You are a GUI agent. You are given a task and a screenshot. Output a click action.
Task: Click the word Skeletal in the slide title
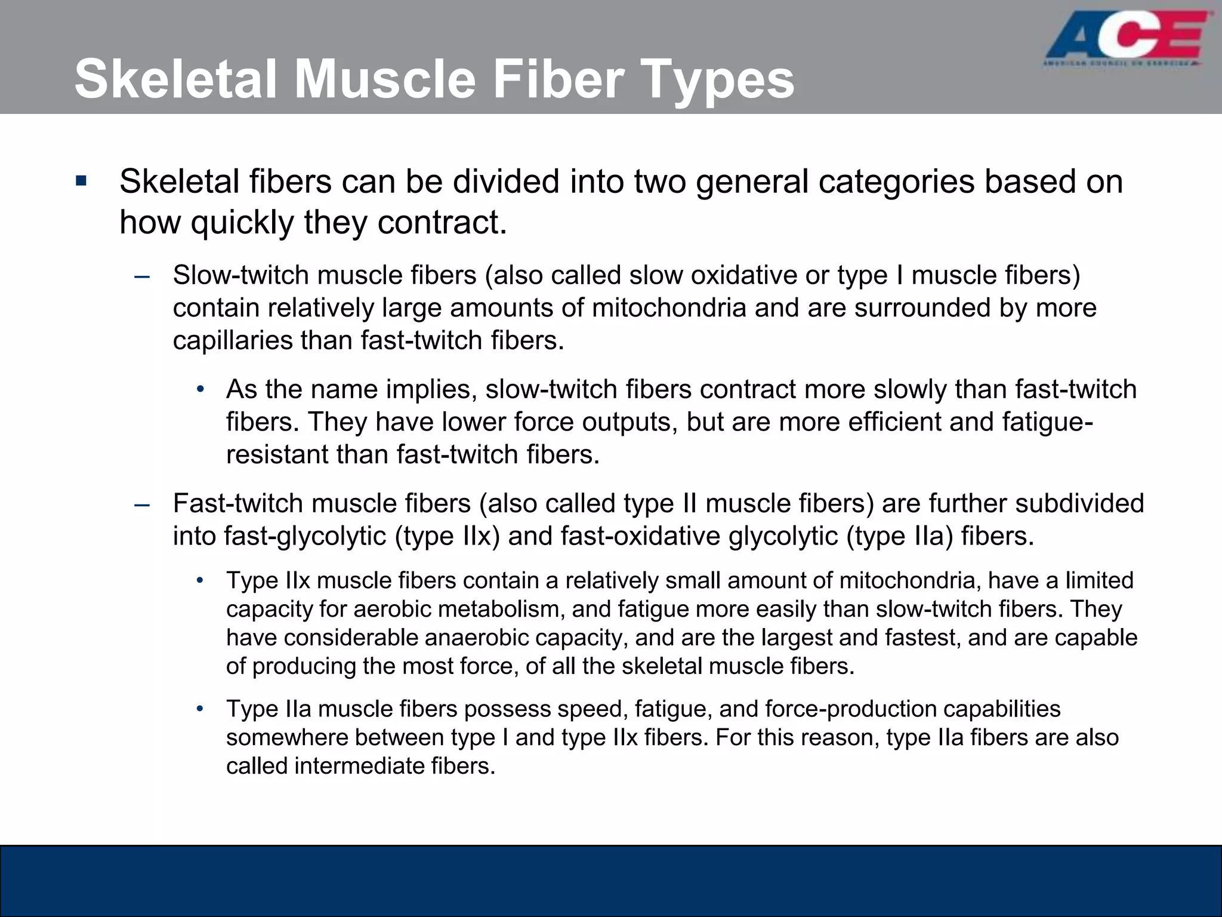click(x=176, y=79)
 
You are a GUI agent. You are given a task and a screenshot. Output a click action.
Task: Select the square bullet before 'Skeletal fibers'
click(x=82, y=180)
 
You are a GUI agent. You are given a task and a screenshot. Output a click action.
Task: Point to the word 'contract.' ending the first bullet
click(x=442, y=223)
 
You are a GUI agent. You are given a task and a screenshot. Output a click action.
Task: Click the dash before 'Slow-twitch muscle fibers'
click(x=142, y=276)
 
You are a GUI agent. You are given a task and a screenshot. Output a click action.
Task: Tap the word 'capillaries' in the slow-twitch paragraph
click(x=232, y=341)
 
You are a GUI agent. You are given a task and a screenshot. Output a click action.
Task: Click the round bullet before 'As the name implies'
click(x=201, y=390)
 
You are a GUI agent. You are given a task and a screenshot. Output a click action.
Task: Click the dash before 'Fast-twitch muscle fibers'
click(x=142, y=504)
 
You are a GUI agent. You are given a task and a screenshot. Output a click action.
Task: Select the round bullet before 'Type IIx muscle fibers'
click(x=201, y=580)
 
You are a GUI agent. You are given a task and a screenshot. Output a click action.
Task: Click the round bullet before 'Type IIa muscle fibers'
click(x=201, y=709)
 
